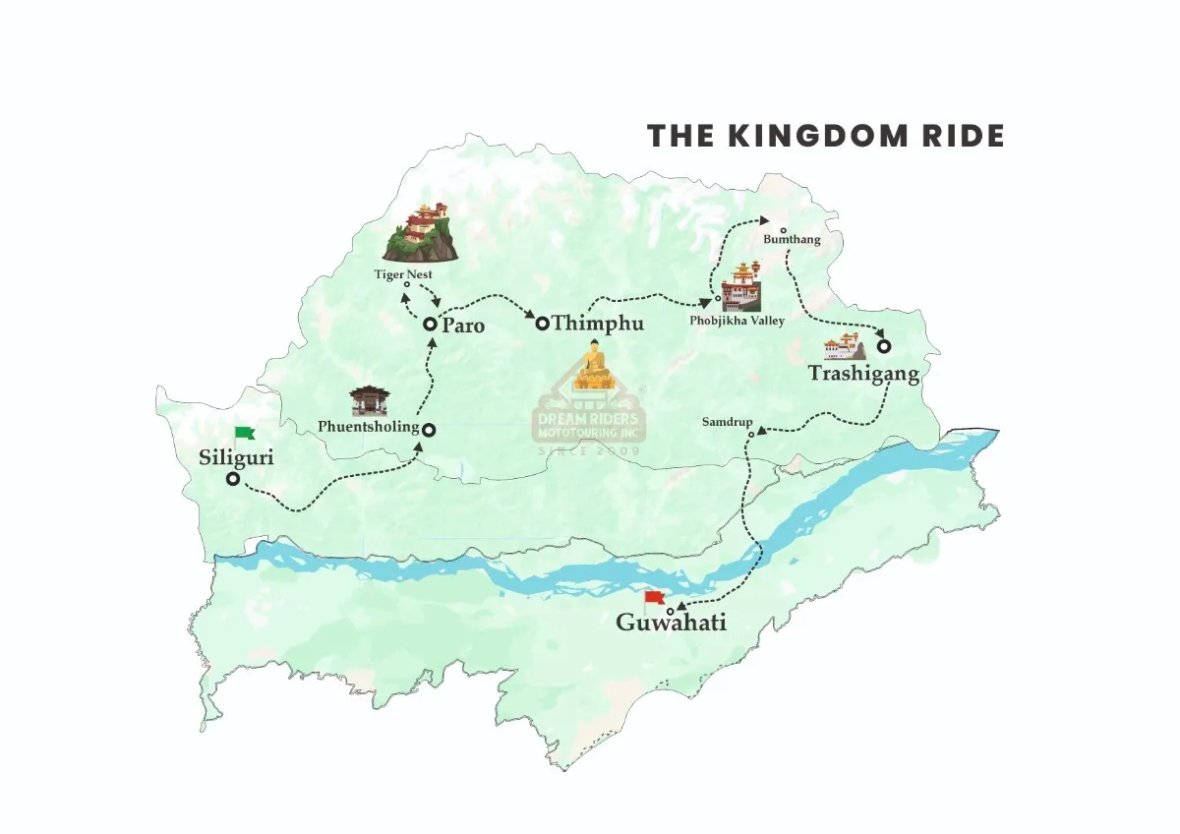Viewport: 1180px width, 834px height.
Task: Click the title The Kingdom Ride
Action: tap(825, 136)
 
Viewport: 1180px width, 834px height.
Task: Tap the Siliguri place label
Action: tap(237, 457)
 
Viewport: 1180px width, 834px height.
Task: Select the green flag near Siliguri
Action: tap(243, 433)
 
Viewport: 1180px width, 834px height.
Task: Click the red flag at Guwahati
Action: tap(654, 599)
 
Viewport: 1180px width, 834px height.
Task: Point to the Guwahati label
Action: tap(671, 623)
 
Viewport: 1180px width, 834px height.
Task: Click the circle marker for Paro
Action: tap(430, 324)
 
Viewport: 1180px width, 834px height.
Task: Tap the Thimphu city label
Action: tap(597, 324)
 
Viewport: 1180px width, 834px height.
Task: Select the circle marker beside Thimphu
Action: tap(541, 323)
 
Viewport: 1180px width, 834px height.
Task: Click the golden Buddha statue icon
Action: tap(593, 366)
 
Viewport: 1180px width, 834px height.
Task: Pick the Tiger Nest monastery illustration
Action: tap(421, 232)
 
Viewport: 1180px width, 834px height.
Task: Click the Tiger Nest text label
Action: tap(403, 273)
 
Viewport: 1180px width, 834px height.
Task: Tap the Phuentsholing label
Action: tap(368, 427)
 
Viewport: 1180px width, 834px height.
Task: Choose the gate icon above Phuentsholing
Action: tap(370, 400)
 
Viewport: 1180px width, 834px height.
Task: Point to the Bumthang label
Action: tap(792, 239)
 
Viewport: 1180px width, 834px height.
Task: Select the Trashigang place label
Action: tap(863, 374)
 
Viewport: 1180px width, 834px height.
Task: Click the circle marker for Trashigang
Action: tap(884, 346)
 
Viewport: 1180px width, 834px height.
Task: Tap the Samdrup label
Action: tap(727, 422)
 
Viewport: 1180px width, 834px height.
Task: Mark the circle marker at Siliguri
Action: tap(233, 479)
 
